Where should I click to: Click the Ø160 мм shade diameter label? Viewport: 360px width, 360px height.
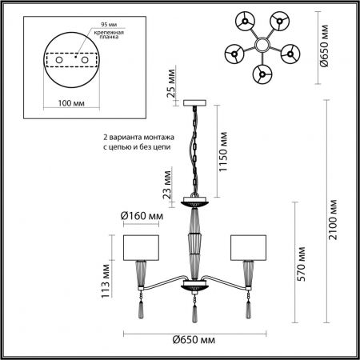(142, 215)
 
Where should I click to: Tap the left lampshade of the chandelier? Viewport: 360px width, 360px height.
(142, 247)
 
